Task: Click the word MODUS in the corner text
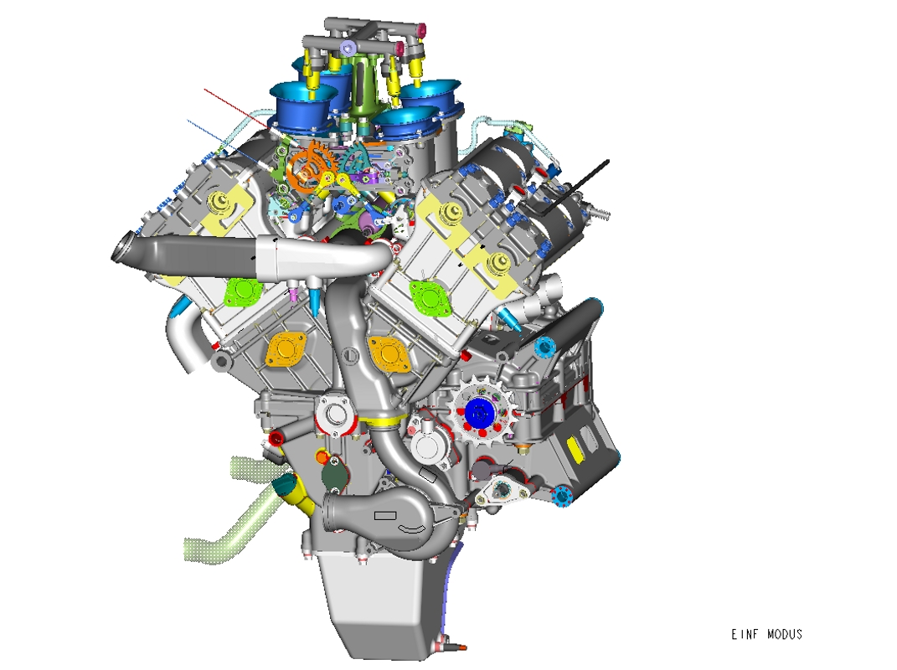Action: coord(784,634)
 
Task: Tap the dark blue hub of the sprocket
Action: coord(479,411)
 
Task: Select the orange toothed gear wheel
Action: coord(310,165)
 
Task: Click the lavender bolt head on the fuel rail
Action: coord(348,48)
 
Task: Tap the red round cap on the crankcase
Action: coord(276,439)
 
